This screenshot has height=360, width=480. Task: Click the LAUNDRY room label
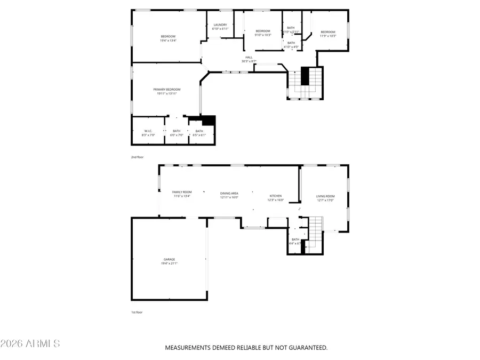[220, 25]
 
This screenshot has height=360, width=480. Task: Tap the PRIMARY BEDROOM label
[167, 89]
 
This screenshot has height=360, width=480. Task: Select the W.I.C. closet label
[148, 131]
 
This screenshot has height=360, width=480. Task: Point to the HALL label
[249, 57]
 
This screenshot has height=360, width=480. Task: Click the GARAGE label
[170, 259]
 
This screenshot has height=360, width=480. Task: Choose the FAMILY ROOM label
[181, 192]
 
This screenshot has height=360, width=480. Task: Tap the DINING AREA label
[229, 193]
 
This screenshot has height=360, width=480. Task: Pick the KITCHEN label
[275, 196]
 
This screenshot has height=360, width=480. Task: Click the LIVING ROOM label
[325, 196]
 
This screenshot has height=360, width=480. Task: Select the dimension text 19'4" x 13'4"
[168, 41]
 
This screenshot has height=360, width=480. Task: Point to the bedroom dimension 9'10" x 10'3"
[263, 35]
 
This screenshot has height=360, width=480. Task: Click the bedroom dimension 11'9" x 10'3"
[328, 36]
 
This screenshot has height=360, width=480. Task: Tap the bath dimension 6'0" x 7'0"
[177, 135]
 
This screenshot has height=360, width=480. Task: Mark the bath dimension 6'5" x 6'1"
[199, 135]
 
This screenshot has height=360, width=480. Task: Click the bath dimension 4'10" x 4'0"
[291, 47]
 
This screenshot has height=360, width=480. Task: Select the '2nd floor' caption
[137, 157]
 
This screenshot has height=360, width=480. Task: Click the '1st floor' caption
[137, 313]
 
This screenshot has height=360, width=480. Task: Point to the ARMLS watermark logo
[30, 343]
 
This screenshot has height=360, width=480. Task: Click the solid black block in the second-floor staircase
[305, 76]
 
